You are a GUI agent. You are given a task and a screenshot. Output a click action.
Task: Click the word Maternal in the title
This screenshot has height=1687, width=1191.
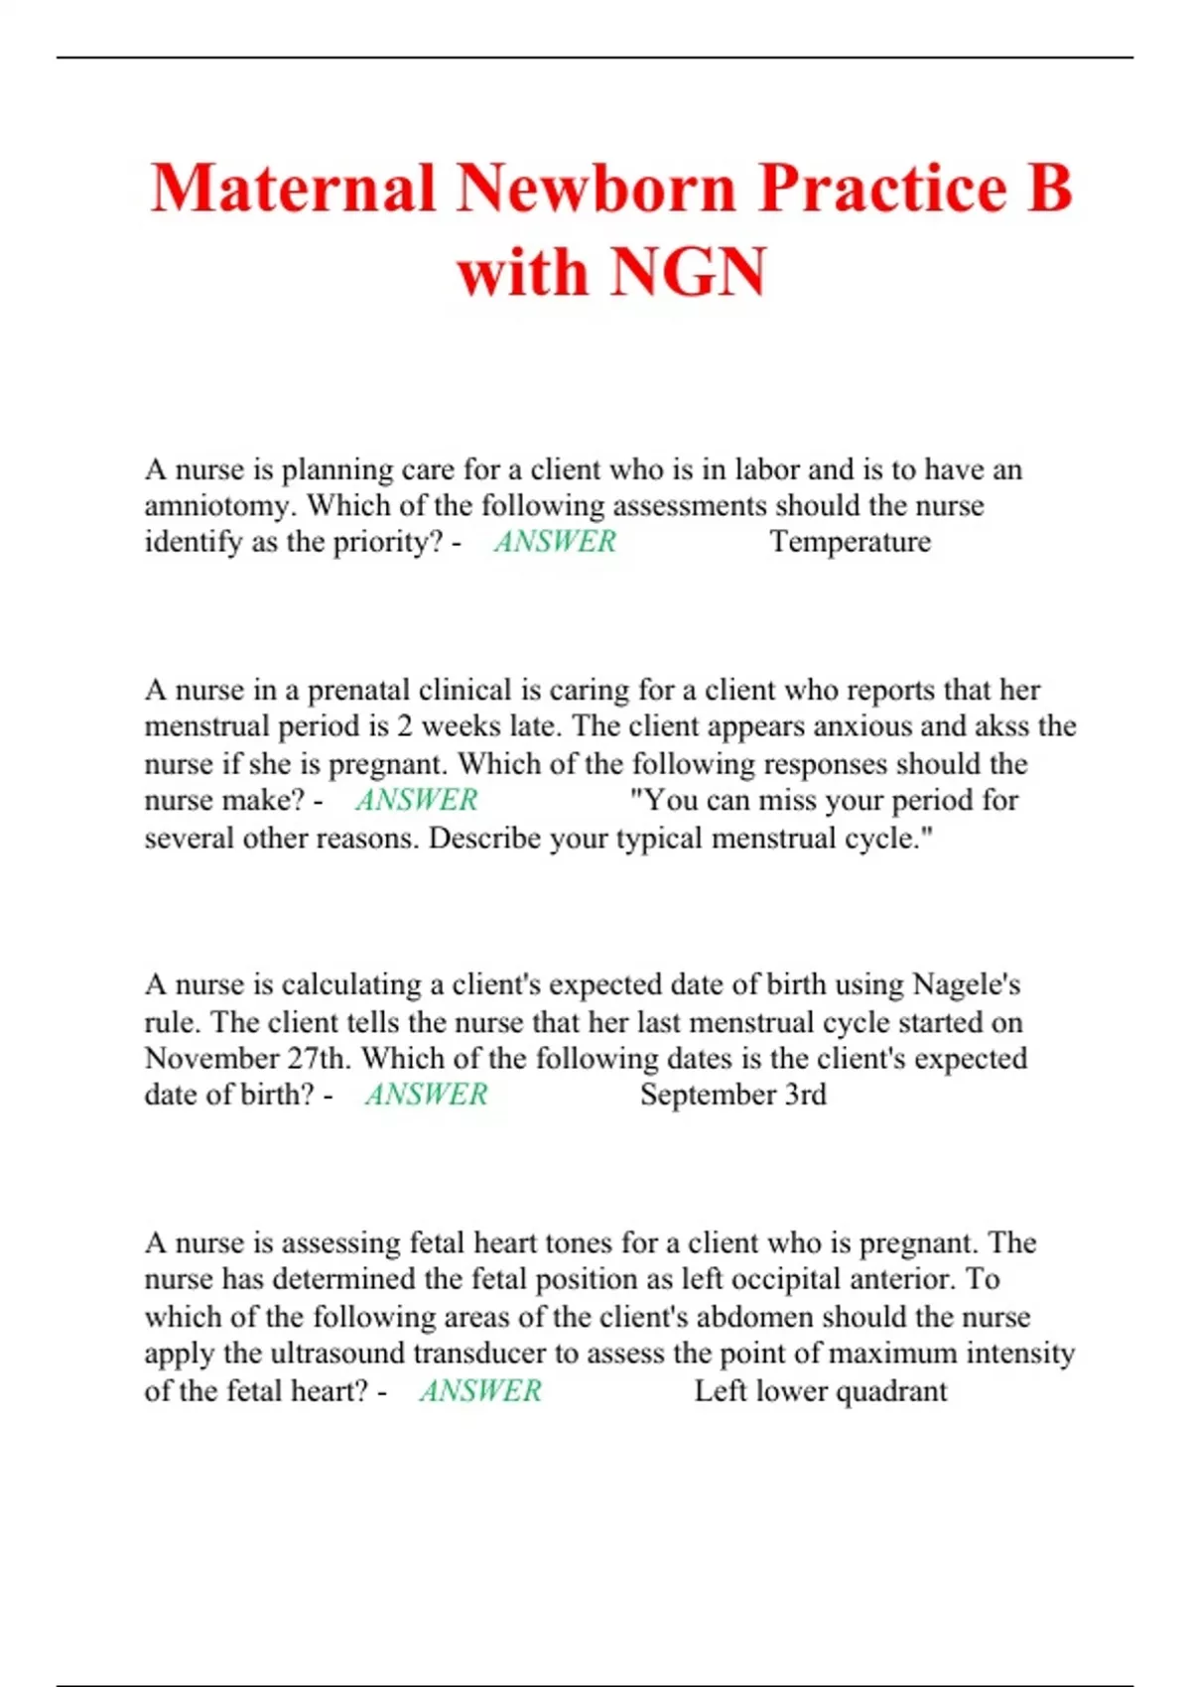coord(293,188)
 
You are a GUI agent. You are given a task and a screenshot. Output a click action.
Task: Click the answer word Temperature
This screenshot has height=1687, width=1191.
coord(851,542)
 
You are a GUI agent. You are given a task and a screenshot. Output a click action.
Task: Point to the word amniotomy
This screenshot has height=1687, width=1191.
coord(218,506)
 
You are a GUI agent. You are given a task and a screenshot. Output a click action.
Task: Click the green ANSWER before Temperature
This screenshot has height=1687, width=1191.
coord(555,542)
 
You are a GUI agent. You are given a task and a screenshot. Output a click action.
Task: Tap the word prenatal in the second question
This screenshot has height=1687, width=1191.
coord(358,690)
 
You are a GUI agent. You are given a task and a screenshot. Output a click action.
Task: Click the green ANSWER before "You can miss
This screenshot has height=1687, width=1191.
coord(417,800)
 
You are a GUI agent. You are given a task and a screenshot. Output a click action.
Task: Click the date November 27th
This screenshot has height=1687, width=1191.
coord(246,1058)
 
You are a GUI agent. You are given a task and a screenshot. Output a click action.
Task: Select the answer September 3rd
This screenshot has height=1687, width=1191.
coord(732,1095)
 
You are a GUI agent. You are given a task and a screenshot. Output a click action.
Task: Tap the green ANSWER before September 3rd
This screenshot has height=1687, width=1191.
coord(427,1095)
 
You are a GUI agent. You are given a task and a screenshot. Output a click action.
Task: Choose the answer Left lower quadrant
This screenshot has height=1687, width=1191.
coord(820,1391)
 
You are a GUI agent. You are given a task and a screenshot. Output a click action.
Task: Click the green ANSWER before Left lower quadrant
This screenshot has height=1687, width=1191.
coord(480,1391)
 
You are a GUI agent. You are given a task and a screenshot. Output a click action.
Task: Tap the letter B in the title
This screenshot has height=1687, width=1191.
coord(1050,188)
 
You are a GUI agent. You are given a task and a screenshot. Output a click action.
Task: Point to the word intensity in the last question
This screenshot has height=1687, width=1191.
coord(1020,1354)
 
